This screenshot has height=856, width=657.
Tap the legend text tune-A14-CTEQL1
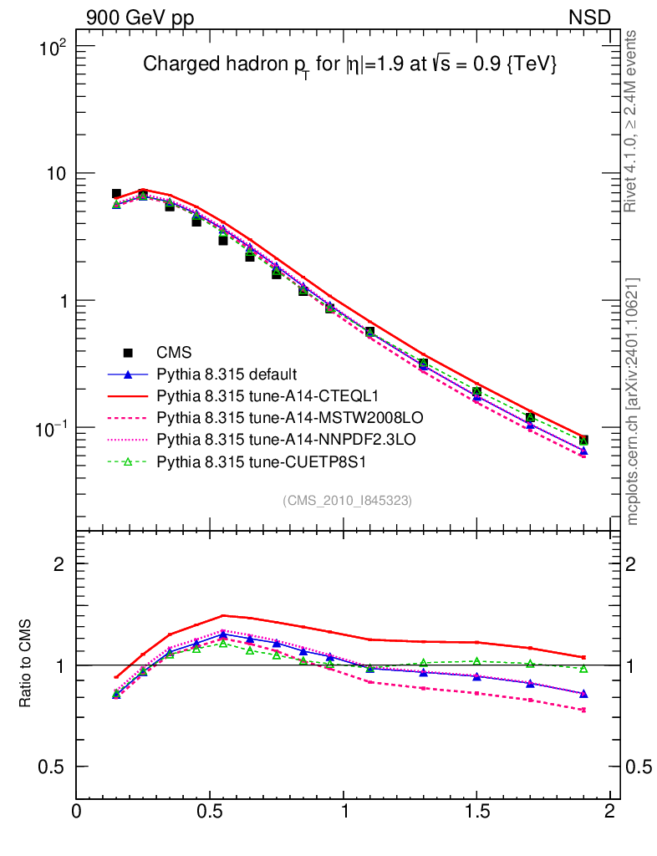(x=257, y=395)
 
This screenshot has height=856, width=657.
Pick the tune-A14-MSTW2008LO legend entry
(x=273, y=416)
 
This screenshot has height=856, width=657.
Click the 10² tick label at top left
(x=53, y=46)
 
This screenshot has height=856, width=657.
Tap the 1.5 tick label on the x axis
(x=476, y=812)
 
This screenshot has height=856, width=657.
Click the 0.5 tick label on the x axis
(x=210, y=812)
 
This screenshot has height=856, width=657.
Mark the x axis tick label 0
(x=77, y=812)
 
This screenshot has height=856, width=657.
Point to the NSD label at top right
(x=590, y=17)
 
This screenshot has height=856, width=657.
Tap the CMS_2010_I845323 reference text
(x=348, y=500)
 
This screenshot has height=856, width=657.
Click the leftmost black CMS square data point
(x=116, y=194)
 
